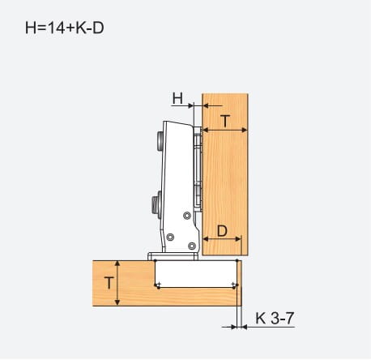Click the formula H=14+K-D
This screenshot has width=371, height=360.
[x=65, y=28]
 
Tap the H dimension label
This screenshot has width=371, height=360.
[x=177, y=98]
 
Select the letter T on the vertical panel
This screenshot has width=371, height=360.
[x=225, y=121]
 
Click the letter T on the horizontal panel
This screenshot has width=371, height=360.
[x=109, y=283]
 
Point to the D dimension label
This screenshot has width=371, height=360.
[x=222, y=231]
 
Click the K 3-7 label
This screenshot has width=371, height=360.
[x=275, y=319]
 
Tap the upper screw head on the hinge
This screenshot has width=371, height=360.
[x=159, y=140]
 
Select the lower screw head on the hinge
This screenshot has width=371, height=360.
[x=156, y=204]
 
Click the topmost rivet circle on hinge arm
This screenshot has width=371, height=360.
[x=187, y=216]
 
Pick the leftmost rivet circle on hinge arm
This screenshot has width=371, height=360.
[x=170, y=237]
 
